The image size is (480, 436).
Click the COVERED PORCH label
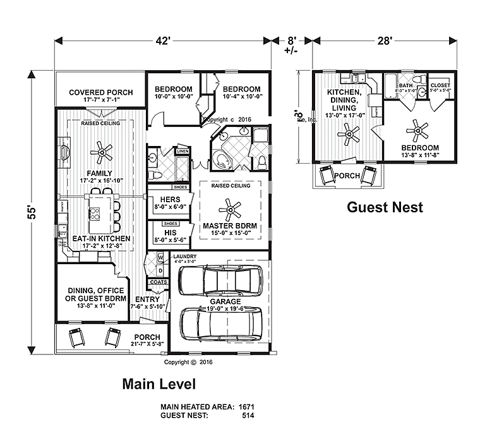[97, 92]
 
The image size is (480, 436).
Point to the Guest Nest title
[385, 207]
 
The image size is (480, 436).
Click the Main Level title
[158, 383]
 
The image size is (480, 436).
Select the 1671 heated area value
[245, 407]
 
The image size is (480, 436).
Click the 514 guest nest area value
[248, 416]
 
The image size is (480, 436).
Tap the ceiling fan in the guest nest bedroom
[417, 130]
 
